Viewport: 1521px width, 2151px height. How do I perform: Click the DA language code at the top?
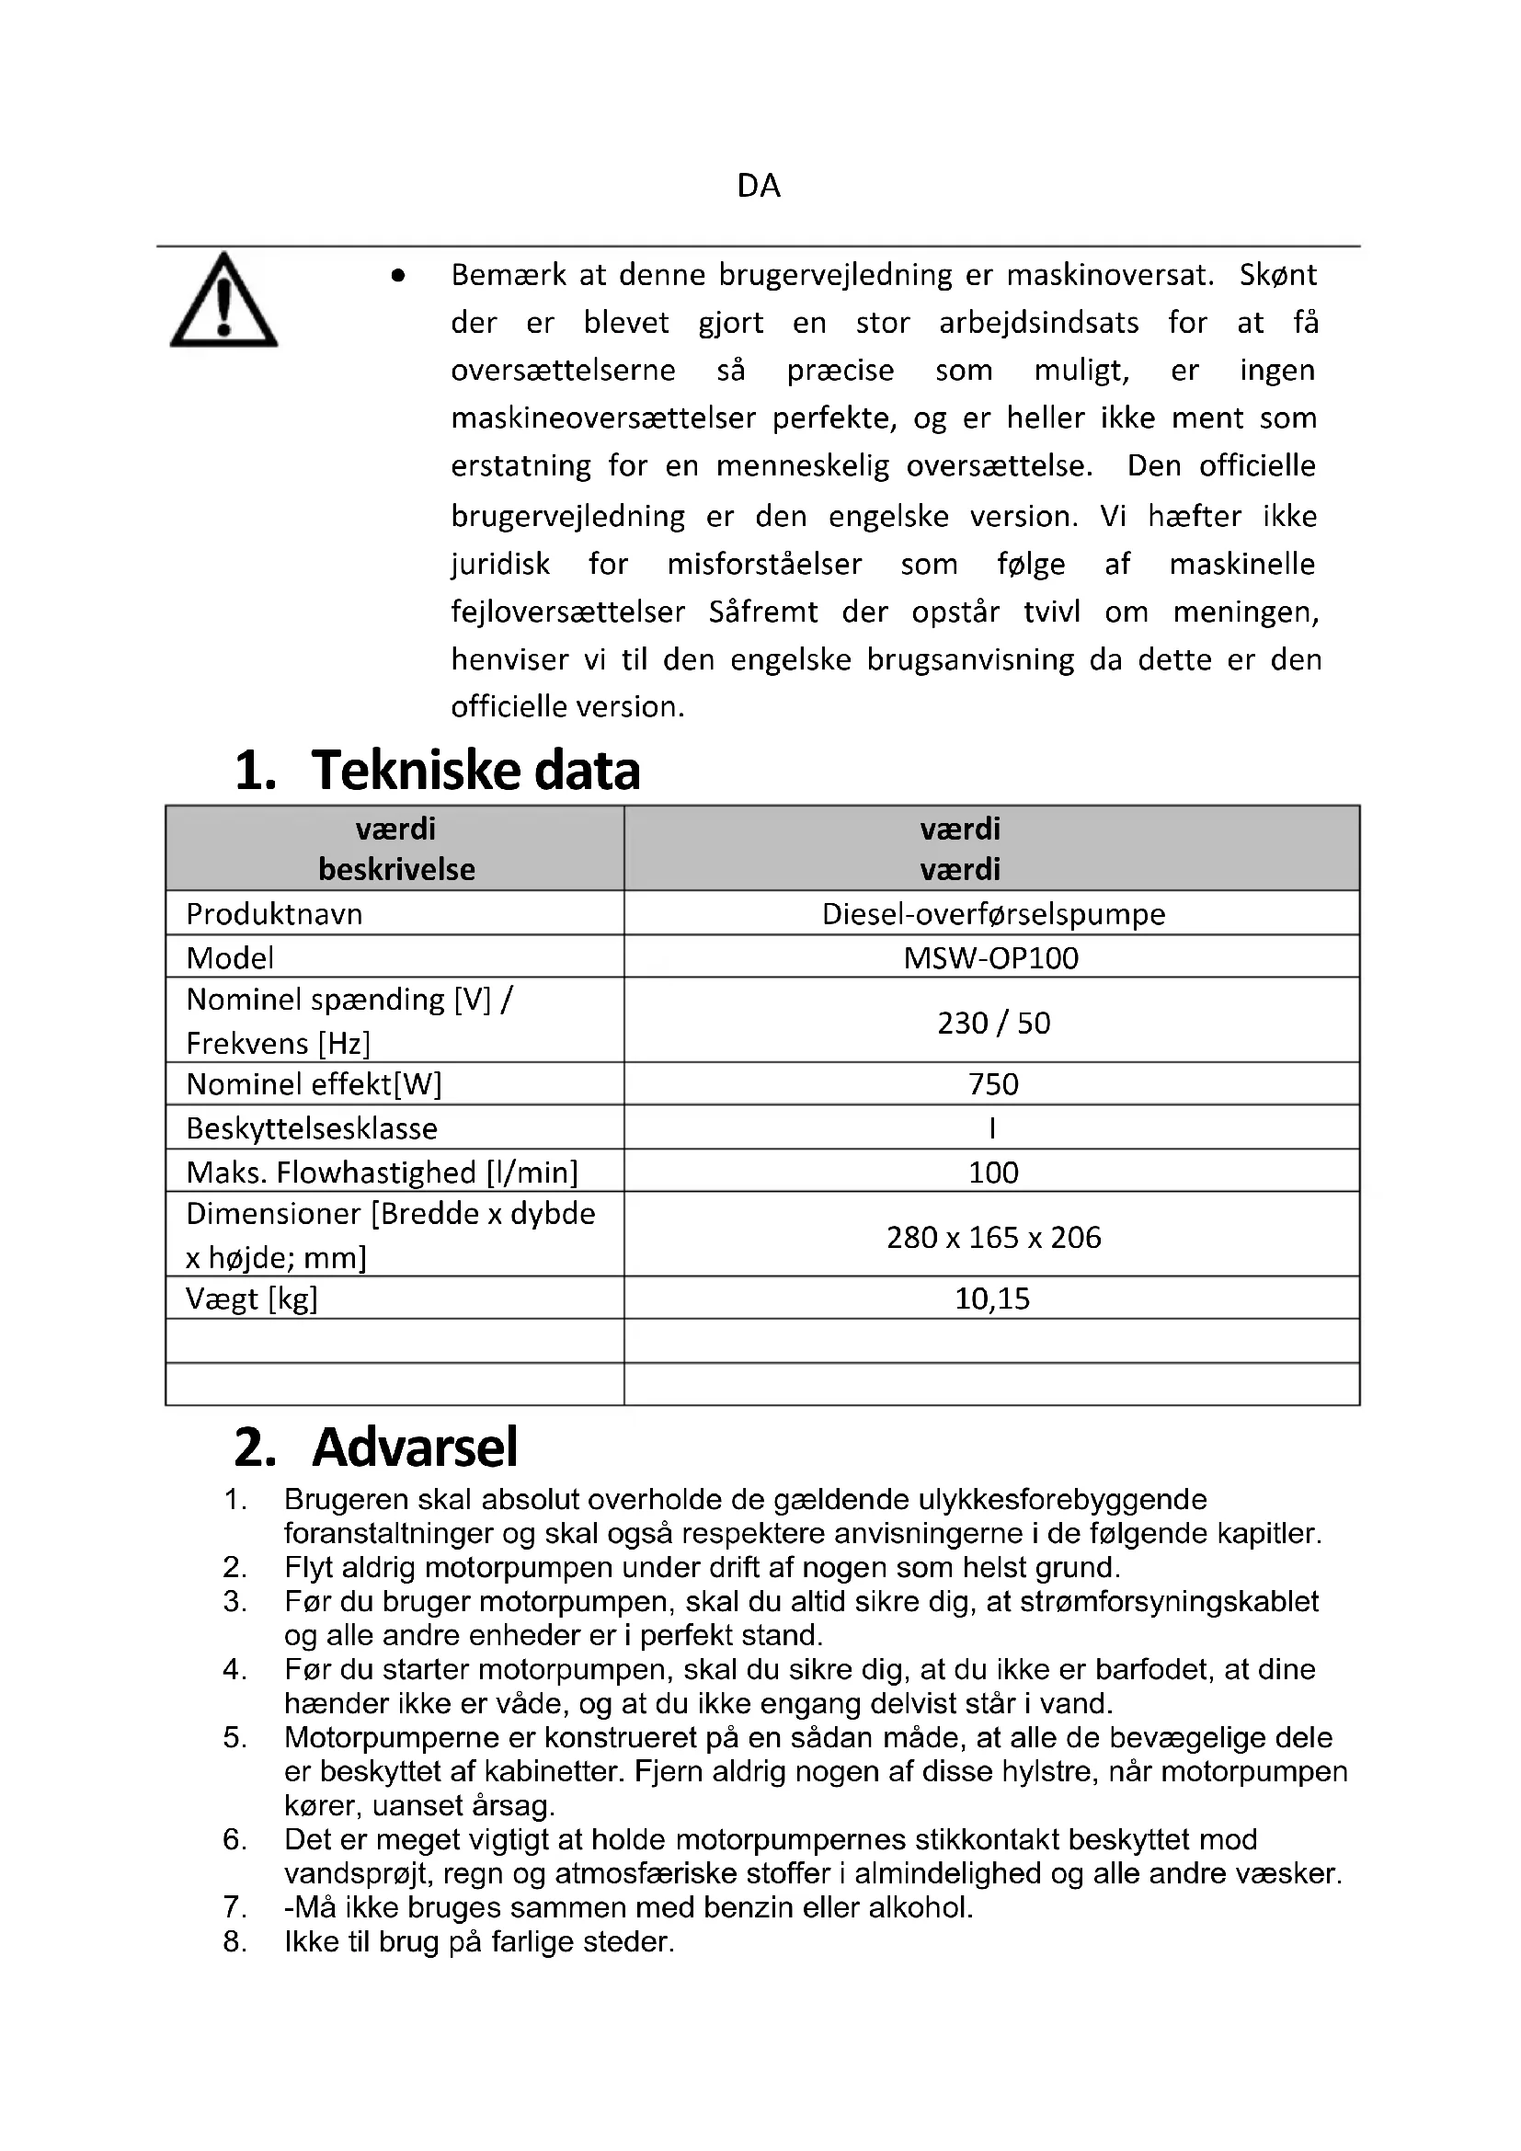pos(759,186)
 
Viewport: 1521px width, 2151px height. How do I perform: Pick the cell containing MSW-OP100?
pos(991,957)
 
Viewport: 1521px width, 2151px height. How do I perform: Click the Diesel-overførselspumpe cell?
pos(993,913)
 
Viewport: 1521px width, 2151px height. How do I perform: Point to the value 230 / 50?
pos(993,1022)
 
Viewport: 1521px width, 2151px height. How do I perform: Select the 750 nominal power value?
pos(993,1084)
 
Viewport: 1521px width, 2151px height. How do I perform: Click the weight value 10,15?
pos(992,1299)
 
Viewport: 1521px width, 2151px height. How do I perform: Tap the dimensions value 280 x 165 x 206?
pos(993,1237)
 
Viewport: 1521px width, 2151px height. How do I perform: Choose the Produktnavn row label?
pos(273,913)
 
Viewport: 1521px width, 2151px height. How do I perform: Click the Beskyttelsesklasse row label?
pos(311,1128)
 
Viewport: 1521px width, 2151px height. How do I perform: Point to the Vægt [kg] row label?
pos(251,1299)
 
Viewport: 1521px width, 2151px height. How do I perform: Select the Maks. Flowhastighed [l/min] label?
pos(382,1172)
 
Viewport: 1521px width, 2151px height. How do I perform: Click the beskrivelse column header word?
pos(396,869)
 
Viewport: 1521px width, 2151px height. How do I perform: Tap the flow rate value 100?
pos(993,1172)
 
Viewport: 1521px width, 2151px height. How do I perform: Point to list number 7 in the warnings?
pos(234,1906)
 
